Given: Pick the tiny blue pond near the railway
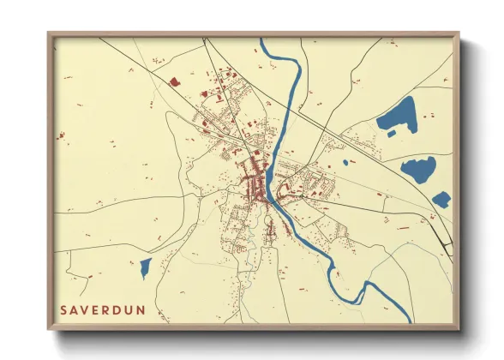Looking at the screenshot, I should coord(346,161).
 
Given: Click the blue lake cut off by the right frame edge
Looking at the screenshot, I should coord(441,200).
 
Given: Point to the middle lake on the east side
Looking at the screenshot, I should coord(418,169).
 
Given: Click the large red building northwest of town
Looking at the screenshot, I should coord(175,82).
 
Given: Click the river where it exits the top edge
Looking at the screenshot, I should coord(263,40).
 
